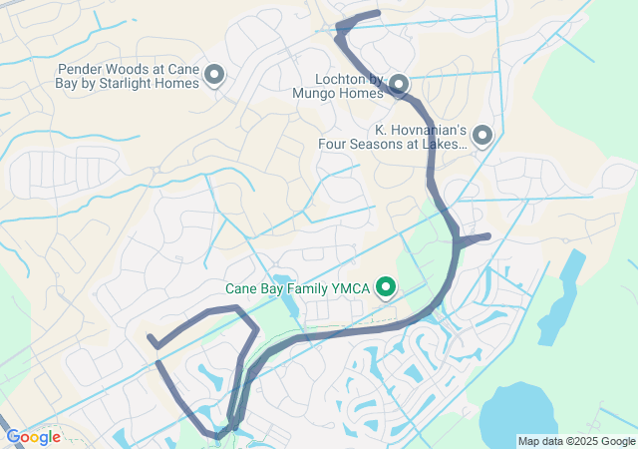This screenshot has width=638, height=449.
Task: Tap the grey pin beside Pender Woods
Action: tap(213, 74)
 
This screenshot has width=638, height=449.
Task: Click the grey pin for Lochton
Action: tap(398, 83)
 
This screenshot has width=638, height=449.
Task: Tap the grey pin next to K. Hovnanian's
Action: tap(482, 134)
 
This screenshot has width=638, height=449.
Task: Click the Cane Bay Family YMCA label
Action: tap(298, 289)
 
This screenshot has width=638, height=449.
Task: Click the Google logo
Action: tap(32, 437)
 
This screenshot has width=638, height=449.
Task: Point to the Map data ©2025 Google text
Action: tap(576, 441)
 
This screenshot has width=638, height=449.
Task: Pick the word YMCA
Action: tap(350, 289)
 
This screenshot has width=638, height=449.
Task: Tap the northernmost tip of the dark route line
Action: tap(378, 13)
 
